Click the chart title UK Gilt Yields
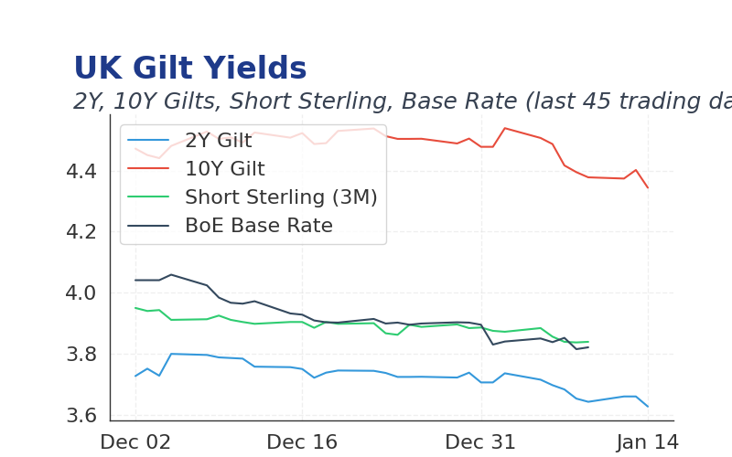[x=189, y=69]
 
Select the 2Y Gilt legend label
[x=218, y=141]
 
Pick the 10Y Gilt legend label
[x=224, y=169]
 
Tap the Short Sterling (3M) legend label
[x=281, y=197]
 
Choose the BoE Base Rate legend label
[x=258, y=226]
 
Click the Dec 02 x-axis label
[x=135, y=442]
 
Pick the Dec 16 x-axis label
[x=302, y=442]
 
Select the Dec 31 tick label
[x=480, y=442]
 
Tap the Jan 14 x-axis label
[x=648, y=442]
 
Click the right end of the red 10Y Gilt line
[x=648, y=187]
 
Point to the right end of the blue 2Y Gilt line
[x=648, y=406]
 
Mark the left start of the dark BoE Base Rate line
[x=135, y=280]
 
